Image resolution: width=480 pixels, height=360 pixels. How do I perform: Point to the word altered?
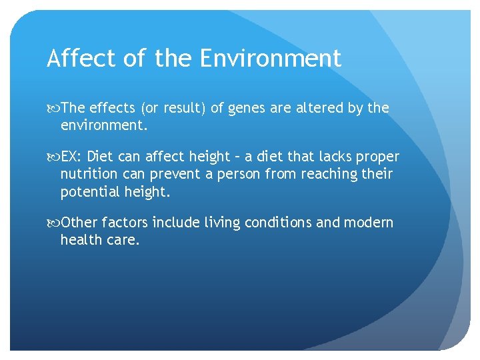click(x=319, y=108)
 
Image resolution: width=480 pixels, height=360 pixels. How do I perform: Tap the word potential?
click(x=89, y=192)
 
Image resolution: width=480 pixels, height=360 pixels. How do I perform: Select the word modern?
click(x=368, y=223)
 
